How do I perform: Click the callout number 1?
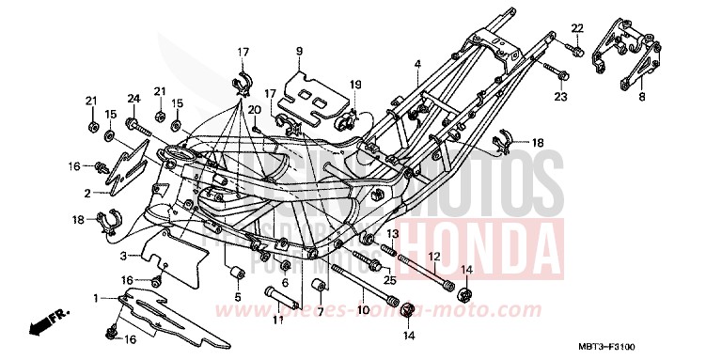click(95, 298)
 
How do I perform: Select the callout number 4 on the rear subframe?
click(417, 64)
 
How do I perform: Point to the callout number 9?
click(299, 50)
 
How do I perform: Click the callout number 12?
click(434, 256)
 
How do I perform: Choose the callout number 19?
click(356, 86)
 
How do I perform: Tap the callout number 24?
click(133, 98)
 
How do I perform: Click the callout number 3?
click(123, 256)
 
